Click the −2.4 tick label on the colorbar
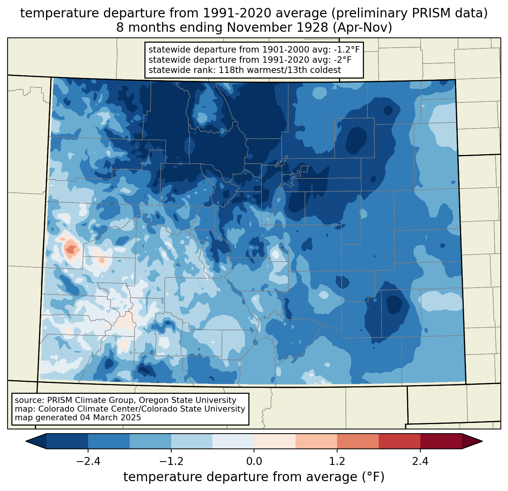[88, 462]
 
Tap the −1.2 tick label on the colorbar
[171, 462]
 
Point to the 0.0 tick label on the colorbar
[254, 462]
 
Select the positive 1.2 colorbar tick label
[337, 462]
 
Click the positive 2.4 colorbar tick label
[420, 462]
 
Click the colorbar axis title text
[254, 477]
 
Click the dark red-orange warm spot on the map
[70, 249]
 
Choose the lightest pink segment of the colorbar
[275, 441]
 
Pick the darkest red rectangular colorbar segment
[441, 441]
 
